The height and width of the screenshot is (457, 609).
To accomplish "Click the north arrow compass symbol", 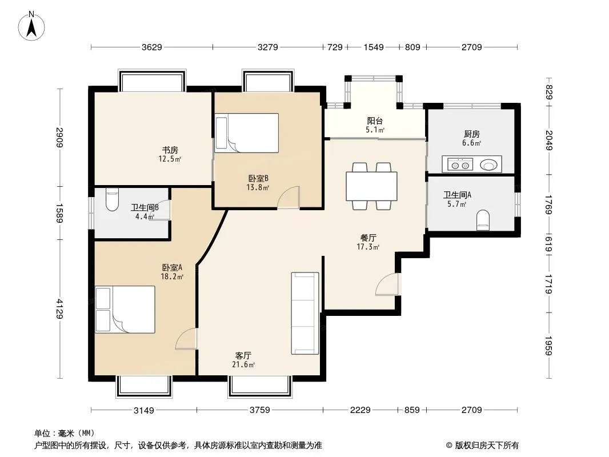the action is coord(31,26).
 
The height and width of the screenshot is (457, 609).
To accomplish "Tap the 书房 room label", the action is coord(170,150).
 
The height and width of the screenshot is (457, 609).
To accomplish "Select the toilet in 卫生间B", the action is coord(112,199).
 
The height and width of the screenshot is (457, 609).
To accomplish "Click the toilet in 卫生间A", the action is coord(483,220).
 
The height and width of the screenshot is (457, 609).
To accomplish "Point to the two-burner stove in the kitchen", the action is coord(460,165).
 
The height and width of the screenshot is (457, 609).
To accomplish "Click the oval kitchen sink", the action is coord(488,165).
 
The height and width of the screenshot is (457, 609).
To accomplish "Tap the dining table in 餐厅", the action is coord(371,186).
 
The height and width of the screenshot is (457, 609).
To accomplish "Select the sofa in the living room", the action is coord(305,314).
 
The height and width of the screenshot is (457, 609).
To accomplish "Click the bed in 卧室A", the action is coord(125,310).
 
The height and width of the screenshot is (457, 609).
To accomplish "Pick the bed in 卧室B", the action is coord(247,133).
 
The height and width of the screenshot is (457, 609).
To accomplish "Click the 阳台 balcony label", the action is coord(375,121).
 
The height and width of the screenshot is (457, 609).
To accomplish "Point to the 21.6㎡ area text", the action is coord(243,364).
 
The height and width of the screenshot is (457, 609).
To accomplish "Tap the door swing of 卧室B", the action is coord(289,198).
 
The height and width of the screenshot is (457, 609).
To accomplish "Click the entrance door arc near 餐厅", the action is coord(387,284).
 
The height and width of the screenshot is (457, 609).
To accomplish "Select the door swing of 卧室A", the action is coord(186,339).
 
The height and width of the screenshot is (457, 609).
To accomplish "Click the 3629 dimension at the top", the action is coord(152,47).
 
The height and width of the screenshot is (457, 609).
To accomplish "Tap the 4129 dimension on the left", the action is coord(59,308).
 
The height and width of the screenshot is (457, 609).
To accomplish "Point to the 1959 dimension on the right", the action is coord(548,346).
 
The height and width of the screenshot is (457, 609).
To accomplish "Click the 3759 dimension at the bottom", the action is coord(259,410).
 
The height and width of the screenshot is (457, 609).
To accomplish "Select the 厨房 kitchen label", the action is coord(471,134).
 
